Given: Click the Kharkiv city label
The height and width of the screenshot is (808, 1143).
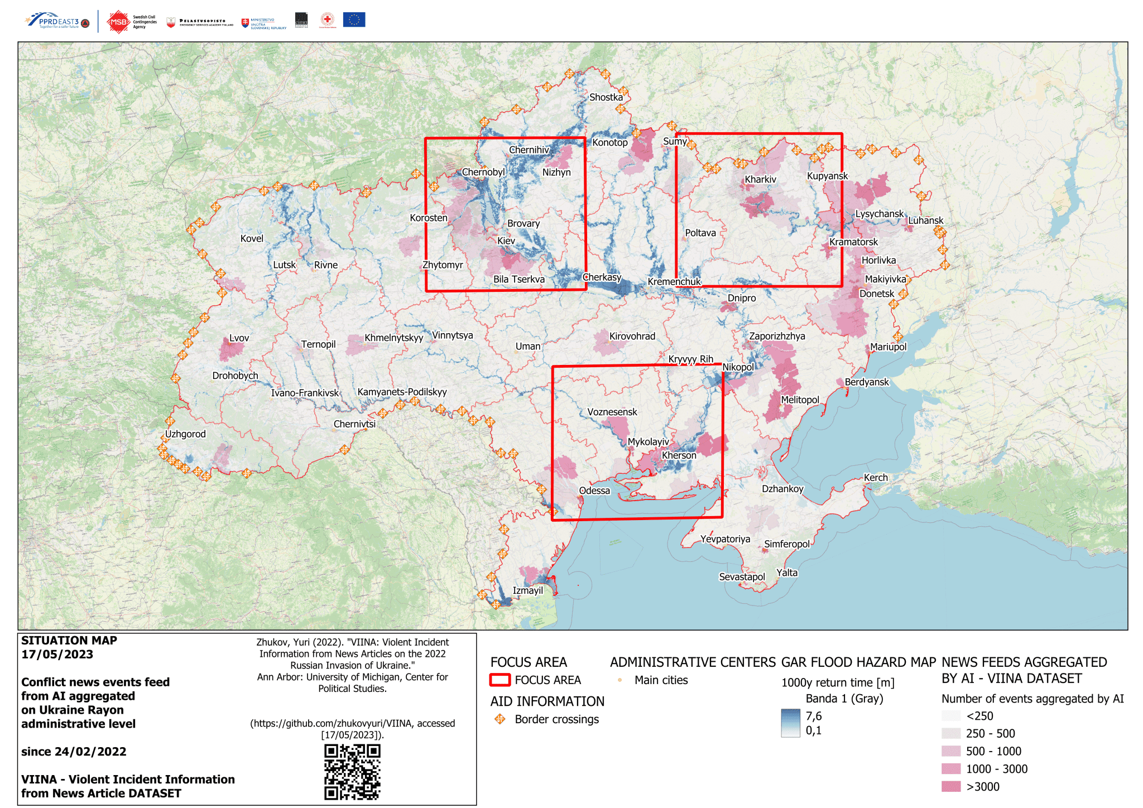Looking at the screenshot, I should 760,180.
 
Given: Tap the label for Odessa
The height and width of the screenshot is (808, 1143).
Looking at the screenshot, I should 594,490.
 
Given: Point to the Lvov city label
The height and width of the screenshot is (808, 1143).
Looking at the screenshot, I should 239,338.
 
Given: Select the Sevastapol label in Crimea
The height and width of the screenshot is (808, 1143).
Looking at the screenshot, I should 742,577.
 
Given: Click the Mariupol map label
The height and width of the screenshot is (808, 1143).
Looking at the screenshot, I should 888,347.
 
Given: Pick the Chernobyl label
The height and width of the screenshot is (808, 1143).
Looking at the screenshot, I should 483,172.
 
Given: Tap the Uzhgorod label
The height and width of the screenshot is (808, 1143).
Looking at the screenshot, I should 185,434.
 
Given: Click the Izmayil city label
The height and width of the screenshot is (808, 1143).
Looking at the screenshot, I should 527,590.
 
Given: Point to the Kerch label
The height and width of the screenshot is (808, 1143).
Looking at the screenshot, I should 875,478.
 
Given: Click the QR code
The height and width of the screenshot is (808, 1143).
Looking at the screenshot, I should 352,772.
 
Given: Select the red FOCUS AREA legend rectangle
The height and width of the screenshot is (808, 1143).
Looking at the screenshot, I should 500,680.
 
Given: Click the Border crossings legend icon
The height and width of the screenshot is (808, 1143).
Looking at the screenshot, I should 500,719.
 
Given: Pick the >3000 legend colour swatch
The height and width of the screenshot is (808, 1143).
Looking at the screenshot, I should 951,787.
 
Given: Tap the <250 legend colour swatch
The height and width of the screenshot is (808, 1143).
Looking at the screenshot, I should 951,716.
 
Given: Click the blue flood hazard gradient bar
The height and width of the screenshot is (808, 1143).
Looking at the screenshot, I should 790,723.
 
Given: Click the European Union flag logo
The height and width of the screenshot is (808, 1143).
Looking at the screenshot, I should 354,20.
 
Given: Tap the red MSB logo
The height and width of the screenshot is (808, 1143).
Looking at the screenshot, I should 118,22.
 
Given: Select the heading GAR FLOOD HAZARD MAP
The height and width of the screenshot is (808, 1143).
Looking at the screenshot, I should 858,662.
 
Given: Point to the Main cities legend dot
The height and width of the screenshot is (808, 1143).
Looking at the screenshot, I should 619,680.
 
